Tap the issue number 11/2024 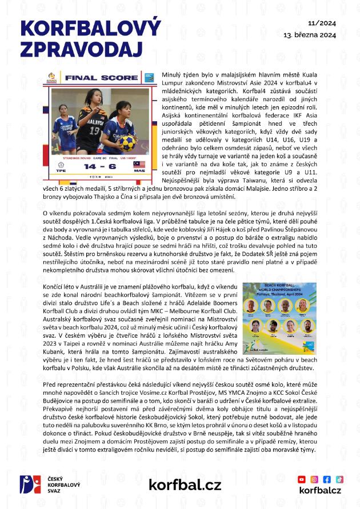321,23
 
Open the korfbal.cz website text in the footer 185,485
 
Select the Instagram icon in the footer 315,479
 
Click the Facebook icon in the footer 327,479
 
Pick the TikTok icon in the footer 339,479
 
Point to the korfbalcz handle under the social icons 321,491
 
